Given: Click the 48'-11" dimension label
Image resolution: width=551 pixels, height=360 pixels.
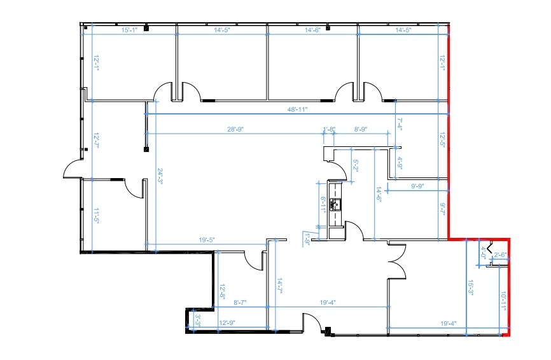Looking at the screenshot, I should (296, 109).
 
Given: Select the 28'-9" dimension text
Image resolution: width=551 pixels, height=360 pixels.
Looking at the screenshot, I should (236, 130).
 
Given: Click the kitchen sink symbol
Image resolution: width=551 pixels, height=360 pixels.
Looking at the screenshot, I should (335, 204).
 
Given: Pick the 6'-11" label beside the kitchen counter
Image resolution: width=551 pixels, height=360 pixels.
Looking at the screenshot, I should (323, 205).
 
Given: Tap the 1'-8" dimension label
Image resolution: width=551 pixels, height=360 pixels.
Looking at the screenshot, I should (329, 130).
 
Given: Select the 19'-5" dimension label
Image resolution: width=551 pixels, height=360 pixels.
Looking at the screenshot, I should (207, 240).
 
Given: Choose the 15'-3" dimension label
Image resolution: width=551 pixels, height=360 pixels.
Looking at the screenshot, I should (471, 287).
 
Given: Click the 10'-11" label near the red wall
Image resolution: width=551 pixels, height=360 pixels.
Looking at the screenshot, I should (503, 300).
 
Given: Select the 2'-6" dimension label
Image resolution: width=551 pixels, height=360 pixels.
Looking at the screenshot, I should (500, 255).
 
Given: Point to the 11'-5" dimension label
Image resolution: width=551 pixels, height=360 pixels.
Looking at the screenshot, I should (97, 216).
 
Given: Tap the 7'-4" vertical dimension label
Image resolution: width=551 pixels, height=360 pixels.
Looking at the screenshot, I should (400, 123).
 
